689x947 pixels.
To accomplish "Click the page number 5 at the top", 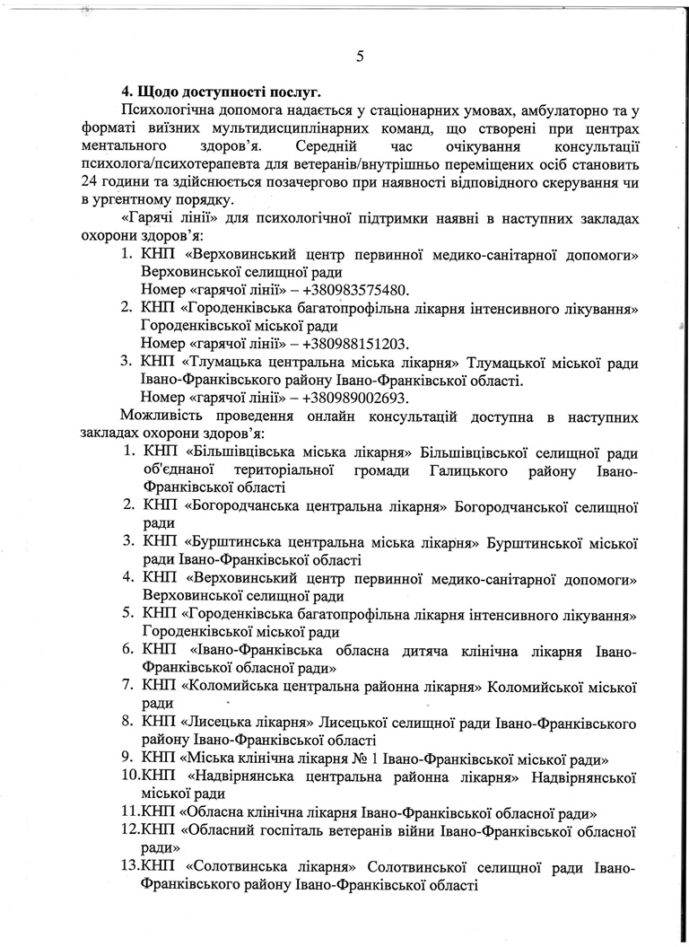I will point(360,57).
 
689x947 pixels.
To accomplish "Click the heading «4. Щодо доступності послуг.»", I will point(222,92).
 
